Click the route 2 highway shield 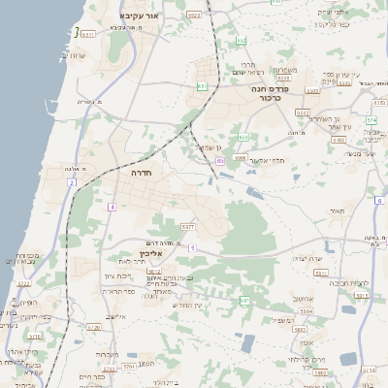(71, 183)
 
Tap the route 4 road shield (113, 207)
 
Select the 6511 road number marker (87, 34)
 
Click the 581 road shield (244, 301)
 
